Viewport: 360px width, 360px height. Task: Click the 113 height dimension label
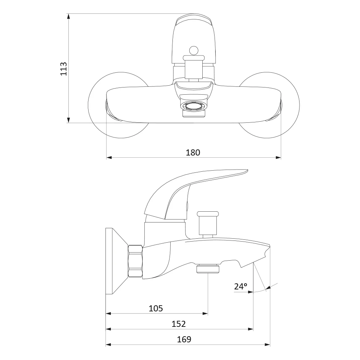coord(63,69)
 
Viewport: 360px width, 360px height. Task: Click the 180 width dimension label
coord(193,152)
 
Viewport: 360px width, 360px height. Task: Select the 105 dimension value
coord(156,309)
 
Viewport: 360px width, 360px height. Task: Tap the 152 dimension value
coord(179,324)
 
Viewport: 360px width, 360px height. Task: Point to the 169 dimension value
coord(184,339)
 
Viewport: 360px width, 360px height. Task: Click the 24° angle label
coord(240,286)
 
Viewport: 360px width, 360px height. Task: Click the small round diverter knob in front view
coord(194,51)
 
